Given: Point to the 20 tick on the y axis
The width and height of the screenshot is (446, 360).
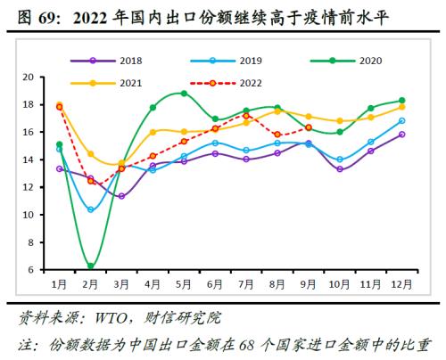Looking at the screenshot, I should click(x=27, y=78).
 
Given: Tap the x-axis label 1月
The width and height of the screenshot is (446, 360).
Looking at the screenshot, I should click(x=59, y=284).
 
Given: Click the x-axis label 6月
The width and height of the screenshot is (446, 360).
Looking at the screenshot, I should click(x=215, y=284).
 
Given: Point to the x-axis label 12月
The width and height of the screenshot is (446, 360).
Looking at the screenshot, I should click(x=401, y=284).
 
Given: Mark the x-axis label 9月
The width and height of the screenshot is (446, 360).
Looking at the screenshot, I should click(x=308, y=284).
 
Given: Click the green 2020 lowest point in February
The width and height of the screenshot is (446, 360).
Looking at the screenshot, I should click(x=91, y=266).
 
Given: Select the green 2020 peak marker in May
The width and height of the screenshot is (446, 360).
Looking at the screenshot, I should click(x=184, y=94).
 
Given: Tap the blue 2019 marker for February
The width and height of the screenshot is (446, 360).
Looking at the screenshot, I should click(x=91, y=209).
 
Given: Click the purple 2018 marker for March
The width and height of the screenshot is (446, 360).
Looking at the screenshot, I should click(x=121, y=196).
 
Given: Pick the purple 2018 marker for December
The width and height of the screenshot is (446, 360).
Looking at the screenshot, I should click(x=401, y=135).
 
